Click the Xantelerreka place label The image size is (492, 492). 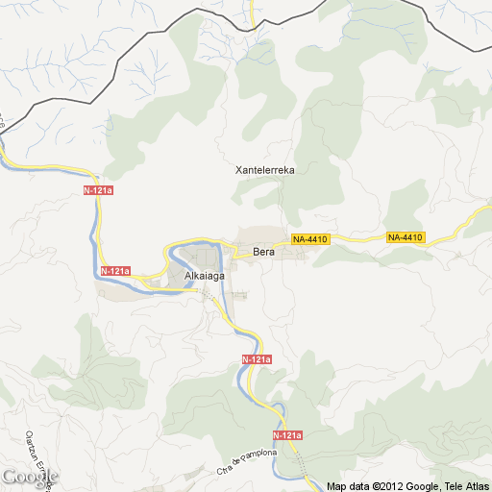(264, 170)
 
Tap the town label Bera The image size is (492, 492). (264, 253)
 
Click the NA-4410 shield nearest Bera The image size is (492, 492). (311, 239)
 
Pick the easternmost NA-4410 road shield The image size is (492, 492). (405, 237)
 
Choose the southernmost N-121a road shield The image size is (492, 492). (287, 435)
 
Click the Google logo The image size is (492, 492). (30, 477)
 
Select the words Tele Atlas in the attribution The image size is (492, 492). (463, 486)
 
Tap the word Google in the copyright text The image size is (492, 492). (420, 486)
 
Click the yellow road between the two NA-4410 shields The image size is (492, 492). (357, 237)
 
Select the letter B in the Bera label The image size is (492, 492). (256, 253)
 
